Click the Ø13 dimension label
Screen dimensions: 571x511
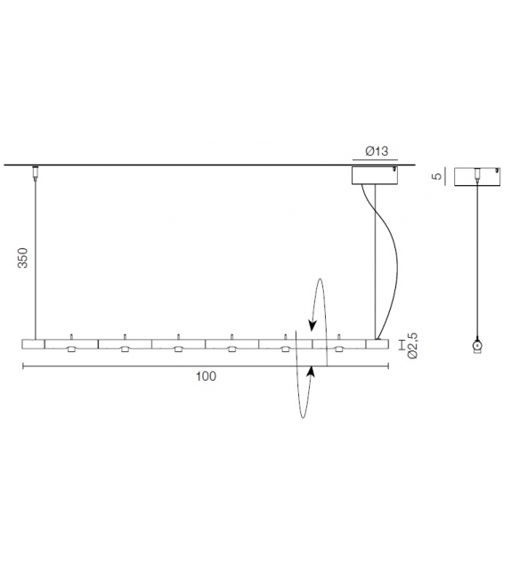(x=377, y=152)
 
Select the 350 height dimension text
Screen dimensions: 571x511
(x=24, y=257)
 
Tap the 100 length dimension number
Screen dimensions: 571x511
(x=206, y=376)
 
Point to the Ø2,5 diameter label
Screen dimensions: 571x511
(x=412, y=345)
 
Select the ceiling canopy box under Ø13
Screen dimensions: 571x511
(x=377, y=175)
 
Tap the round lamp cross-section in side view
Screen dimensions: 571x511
(x=476, y=344)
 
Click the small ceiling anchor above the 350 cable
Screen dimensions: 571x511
(x=36, y=171)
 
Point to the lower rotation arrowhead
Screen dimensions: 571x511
(x=309, y=371)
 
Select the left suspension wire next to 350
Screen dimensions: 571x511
(x=36, y=258)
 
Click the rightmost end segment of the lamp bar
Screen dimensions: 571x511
(x=377, y=344)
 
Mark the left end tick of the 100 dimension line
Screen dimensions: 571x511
(x=22, y=365)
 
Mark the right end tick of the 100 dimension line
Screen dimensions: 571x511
(x=389, y=365)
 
